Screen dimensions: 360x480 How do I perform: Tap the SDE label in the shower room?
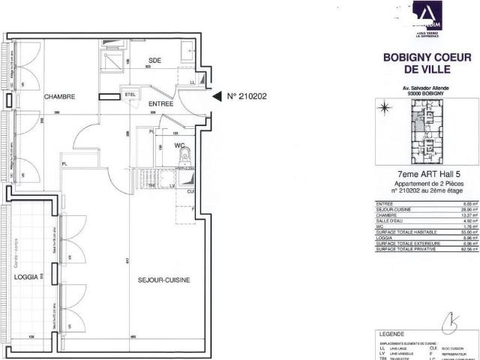[154, 60]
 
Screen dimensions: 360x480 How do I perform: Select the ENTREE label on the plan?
[160, 103]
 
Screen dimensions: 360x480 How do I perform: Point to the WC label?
[180, 145]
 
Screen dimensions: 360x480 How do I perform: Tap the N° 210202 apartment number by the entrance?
[247, 96]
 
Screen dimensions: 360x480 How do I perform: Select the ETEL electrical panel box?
[130, 94]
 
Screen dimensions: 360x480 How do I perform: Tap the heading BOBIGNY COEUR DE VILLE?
[419, 62]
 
